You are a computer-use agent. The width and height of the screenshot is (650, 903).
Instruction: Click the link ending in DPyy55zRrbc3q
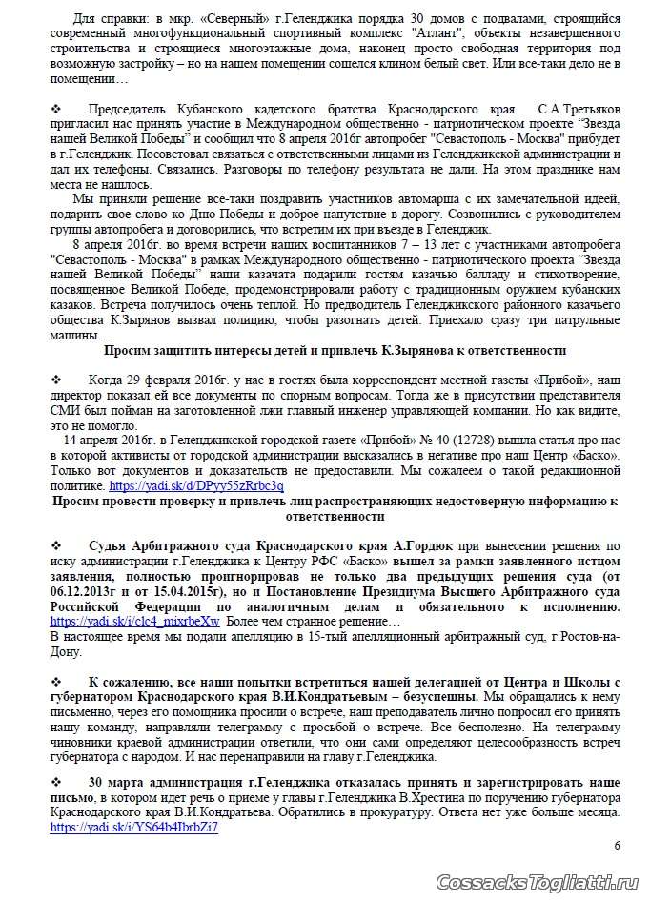click(216, 484)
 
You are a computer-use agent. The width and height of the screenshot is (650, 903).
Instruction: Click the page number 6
click(617, 845)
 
